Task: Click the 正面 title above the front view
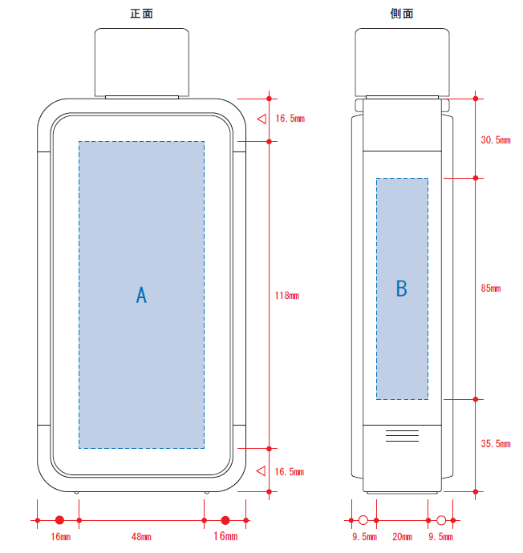[141, 14]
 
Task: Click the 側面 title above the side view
[402, 14]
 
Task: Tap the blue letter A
[141, 295]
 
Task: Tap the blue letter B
[402, 289]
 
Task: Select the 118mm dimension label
[287, 296]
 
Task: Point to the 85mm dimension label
[491, 289]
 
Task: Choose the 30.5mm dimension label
[496, 140]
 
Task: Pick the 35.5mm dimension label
[496, 444]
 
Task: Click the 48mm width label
[141, 537]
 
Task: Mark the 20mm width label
[403, 537]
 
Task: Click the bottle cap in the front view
[142, 62]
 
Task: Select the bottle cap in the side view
[403, 62]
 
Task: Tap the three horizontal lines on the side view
[403, 436]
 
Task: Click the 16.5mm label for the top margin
[290, 119]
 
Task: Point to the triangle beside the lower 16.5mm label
[261, 470]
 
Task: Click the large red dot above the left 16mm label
[59, 520]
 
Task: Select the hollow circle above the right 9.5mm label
[441, 520]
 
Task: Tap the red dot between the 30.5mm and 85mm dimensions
[476, 178]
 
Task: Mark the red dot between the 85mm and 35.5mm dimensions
[476, 399]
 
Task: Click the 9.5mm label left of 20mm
[364, 537]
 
